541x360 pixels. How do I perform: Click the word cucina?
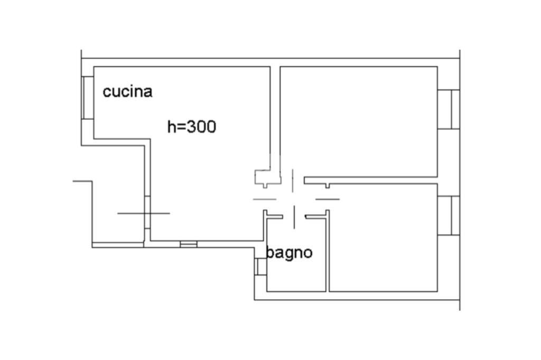coord(127,91)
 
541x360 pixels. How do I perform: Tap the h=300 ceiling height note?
coord(191,127)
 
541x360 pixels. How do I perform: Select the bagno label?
coord(289,253)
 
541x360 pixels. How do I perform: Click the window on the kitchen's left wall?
coord(88,98)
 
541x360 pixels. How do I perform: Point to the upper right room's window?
coord(449,109)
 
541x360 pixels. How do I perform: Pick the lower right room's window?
coord(449,215)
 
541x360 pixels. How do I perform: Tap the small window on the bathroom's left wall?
coord(260,267)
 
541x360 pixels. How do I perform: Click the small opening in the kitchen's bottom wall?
coord(189,244)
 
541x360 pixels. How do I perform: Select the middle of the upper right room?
coord(359,121)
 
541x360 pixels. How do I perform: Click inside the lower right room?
coord(384,238)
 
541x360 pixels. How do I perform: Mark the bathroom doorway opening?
coord(294,216)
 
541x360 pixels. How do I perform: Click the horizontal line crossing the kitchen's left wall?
coord(143,213)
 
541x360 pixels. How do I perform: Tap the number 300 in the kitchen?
coord(202,127)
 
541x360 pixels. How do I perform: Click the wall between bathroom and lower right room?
coord(328,253)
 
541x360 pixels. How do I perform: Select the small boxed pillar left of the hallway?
coord(263,177)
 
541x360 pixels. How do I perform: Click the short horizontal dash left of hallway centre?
coord(265,199)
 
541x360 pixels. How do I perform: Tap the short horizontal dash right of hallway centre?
coord(328,199)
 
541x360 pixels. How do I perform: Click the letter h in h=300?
coord(171,127)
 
